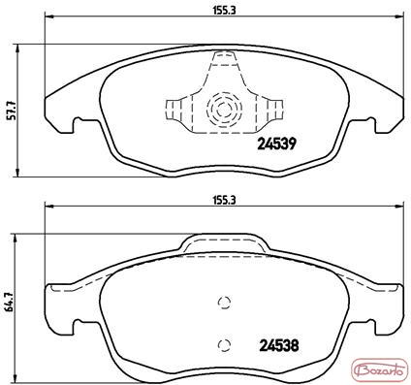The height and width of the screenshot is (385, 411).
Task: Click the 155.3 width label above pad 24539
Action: click(x=225, y=11)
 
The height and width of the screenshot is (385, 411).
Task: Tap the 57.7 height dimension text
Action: click(x=11, y=112)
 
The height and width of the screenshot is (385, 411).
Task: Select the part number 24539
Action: click(x=276, y=144)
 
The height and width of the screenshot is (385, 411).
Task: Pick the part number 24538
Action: click(x=279, y=346)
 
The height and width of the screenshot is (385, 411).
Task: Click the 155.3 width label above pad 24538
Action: click(x=225, y=201)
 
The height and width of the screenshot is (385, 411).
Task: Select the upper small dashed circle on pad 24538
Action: click(x=224, y=303)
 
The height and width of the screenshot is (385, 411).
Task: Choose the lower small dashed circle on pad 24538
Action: click(x=224, y=345)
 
